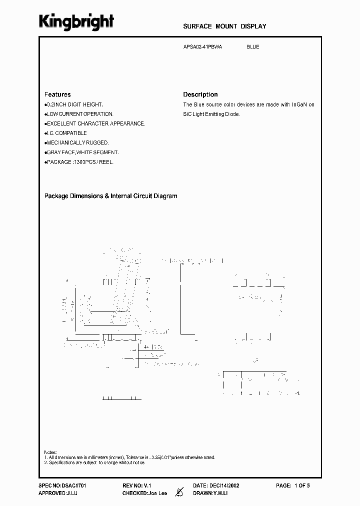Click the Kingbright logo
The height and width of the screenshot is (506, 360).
tap(76, 21)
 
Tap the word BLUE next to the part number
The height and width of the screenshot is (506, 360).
tap(252, 47)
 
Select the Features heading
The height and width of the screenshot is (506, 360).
tap(57, 94)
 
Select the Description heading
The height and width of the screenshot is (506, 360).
tap(200, 94)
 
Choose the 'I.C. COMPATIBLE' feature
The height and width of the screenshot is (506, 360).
tap(66, 133)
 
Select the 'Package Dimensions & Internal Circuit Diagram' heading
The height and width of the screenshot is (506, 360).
tap(111, 196)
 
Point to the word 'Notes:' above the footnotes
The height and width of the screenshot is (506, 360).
tap(50, 451)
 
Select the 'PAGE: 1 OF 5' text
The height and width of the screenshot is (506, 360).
tap(293, 485)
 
